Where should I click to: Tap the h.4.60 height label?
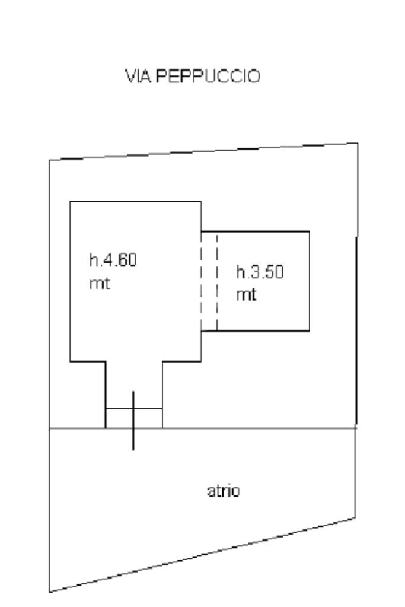coord(113,260)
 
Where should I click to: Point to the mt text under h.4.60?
coord(100,283)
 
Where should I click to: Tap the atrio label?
coord(224,491)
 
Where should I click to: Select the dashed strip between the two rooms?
coord(209,281)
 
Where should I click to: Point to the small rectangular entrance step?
coord(148,418)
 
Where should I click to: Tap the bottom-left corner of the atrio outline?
coord(49,592)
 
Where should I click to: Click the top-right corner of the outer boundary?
coord(358,143)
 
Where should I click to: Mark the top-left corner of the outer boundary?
coord(49,160)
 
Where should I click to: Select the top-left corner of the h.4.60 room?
coord(71,202)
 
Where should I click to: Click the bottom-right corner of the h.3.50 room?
coord(309,330)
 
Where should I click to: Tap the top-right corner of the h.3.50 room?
coord(309,231)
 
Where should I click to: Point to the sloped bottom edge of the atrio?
coord(202,555)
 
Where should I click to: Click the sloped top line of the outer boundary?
coord(202,151)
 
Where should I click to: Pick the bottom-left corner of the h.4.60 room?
coord(71,360)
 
